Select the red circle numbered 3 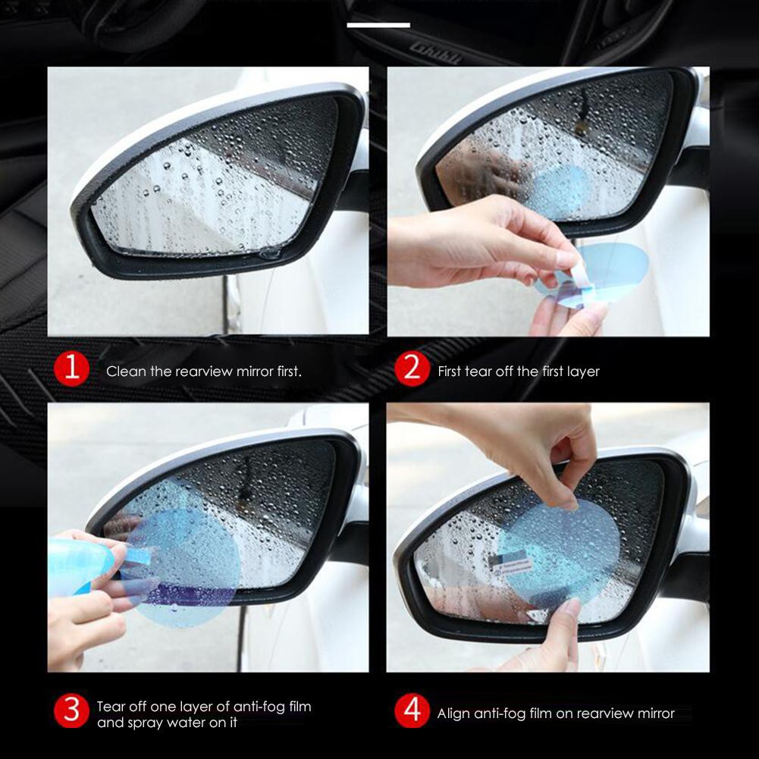(72, 711)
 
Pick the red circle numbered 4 (412, 711)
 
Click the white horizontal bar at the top (378, 25)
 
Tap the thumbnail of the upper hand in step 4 (567, 501)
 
